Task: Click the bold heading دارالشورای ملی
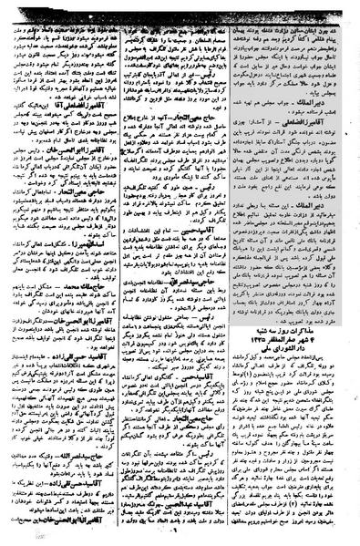[295, 376]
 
